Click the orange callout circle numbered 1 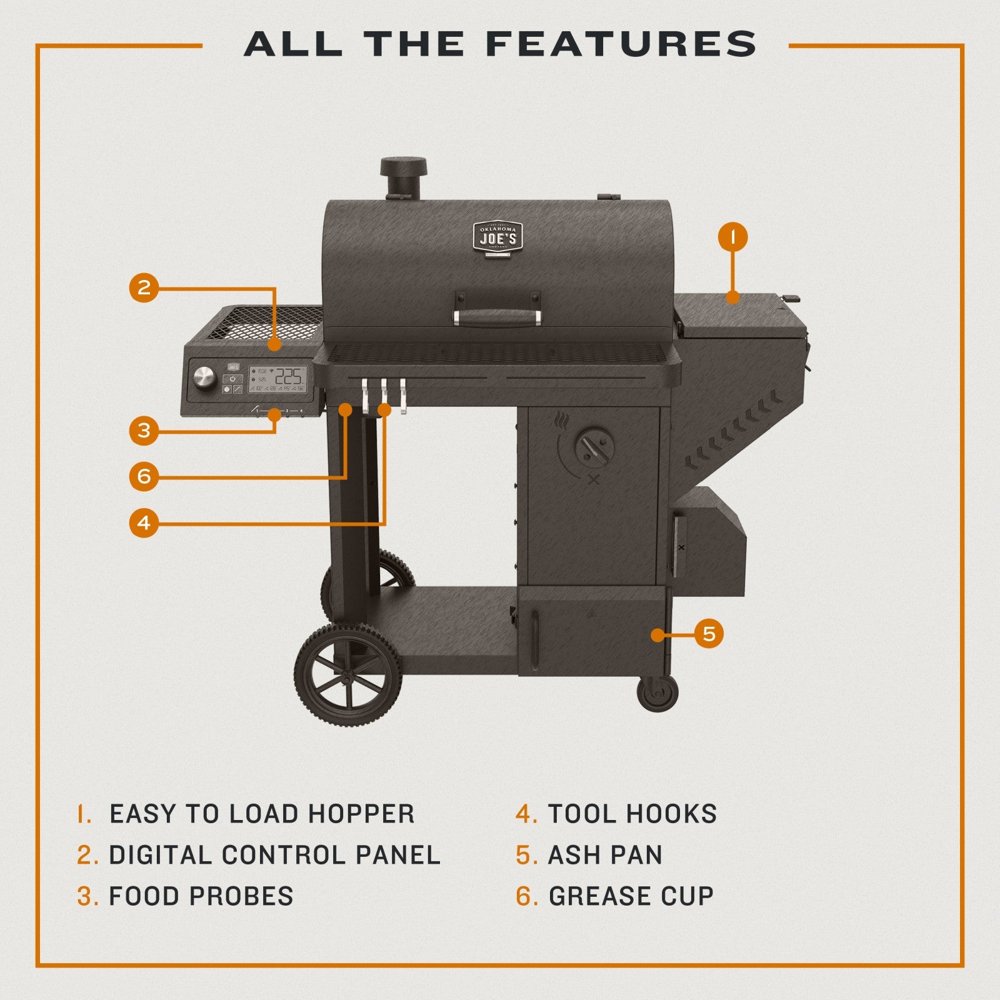732,237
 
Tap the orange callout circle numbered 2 144,287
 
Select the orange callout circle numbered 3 144,431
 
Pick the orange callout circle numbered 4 144,522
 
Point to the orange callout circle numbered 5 709,634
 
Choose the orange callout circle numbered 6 144,477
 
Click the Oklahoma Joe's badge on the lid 497,238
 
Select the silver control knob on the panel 204,377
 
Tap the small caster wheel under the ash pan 657,692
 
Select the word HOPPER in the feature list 361,814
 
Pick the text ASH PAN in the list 605,855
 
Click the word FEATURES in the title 621,45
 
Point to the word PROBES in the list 241,896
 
